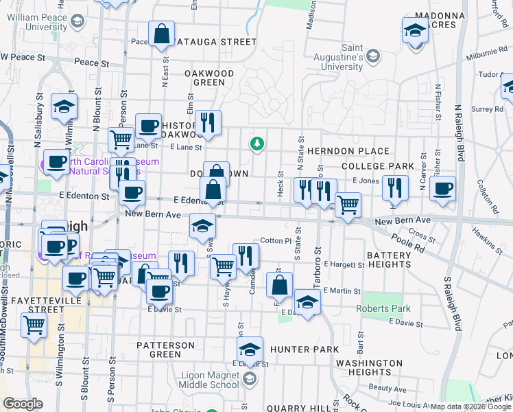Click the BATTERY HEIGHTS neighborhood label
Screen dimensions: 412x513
[x=388, y=260]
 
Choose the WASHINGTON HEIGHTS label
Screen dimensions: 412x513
[x=369, y=367]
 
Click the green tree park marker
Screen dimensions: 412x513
[x=257, y=143]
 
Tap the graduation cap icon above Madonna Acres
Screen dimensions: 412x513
[x=415, y=32]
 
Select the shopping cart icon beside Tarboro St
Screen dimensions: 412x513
[x=348, y=203]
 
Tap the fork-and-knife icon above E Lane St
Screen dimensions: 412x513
[x=208, y=122]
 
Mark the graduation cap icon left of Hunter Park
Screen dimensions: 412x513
[x=250, y=348]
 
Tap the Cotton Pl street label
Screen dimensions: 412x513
[x=276, y=241]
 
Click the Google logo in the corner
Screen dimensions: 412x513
[x=23, y=404]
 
